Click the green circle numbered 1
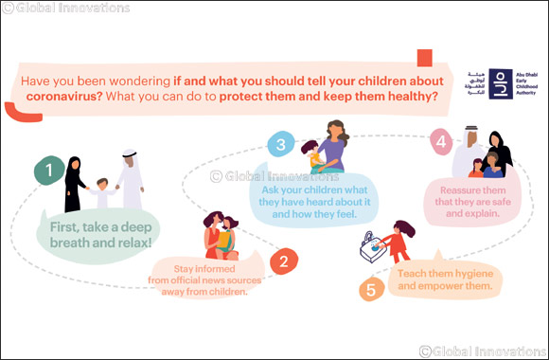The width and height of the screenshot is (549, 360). (x=44, y=171)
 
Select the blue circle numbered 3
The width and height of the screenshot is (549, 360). (x=280, y=145)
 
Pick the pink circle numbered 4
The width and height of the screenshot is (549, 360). (x=439, y=141)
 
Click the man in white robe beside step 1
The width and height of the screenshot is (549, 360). (x=131, y=179)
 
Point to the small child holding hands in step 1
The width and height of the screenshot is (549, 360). (x=102, y=193)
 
